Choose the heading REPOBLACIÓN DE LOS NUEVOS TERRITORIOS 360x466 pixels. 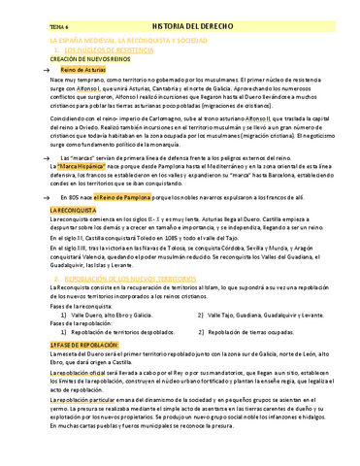pos(130,306)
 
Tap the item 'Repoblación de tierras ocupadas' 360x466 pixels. pos(262,359)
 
